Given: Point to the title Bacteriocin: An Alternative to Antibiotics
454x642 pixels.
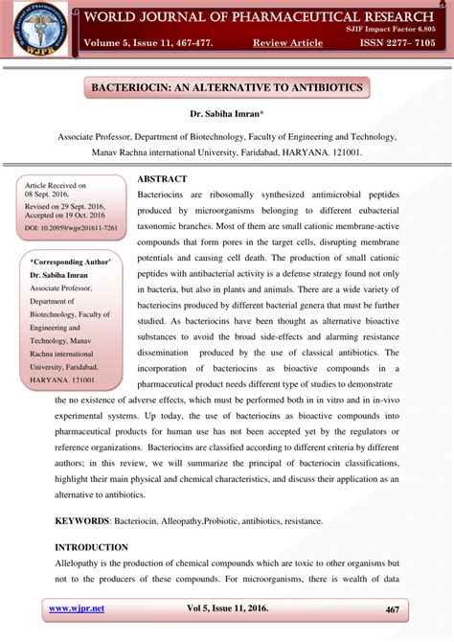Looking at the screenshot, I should tap(227, 88).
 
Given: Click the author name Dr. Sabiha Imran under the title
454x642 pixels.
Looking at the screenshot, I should tap(226, 115).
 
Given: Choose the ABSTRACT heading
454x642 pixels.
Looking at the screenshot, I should tap(162, 179).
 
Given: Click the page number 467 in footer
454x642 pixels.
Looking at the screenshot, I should tap(392, 610).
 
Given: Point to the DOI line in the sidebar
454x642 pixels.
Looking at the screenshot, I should tap(71, 228).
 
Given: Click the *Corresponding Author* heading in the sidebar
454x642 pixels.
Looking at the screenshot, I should tap(70, 262).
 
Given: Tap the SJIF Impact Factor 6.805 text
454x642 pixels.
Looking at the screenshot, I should tap(396, 31).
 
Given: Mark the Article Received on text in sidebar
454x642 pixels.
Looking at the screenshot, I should tap(56, 185).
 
